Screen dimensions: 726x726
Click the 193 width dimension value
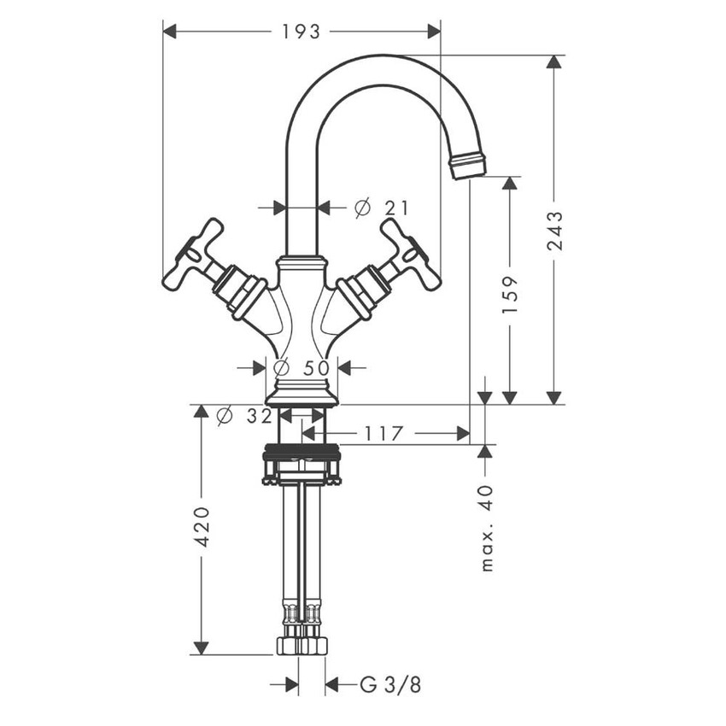click(x=301, y=32)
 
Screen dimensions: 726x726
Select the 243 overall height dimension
click(x=555, y=231)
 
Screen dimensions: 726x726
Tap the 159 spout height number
click(x=510, y=295)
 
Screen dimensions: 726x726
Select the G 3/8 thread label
click(x=390, y=684)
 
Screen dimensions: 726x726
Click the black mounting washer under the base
click(x=302, y=450)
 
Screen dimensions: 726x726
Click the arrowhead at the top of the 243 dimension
click(x=555, y=62)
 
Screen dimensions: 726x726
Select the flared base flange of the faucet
click(x=302, y=395)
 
